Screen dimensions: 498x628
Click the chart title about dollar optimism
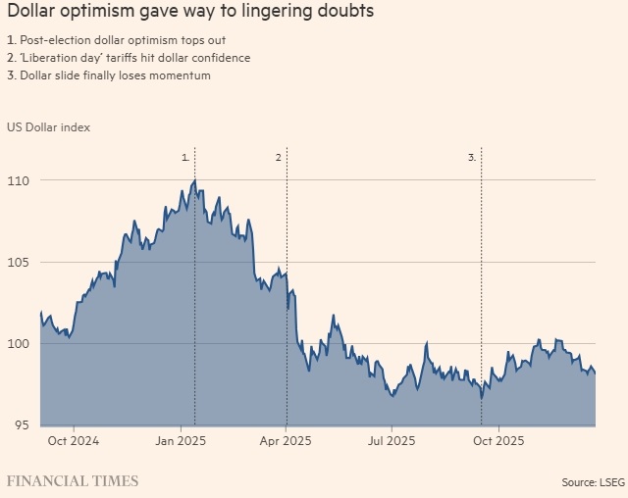tap(190, 13)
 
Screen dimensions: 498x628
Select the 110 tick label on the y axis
tap(19, 181)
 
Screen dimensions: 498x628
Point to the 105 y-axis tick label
tap(19, 263)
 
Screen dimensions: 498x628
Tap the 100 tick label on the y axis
tap(19, 344)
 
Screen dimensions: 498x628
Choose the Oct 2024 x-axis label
tap(74, 441)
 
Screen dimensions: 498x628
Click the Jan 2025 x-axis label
tap(181, 441)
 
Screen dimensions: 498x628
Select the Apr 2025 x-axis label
tap(286, 441)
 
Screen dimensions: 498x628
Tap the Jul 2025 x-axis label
tap(392, 441)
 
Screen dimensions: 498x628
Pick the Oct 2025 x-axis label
tap(498, 441)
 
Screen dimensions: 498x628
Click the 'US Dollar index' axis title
tap(47, 126)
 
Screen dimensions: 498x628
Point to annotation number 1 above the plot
tap(185, 157)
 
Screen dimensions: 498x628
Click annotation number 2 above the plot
tap(279, 157)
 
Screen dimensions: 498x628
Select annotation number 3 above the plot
tap(472, 157)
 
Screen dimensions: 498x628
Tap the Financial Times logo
tap(73, 481)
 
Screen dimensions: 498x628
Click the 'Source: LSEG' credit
tap(593, 481)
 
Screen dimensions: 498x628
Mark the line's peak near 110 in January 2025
tap(195, 180)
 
